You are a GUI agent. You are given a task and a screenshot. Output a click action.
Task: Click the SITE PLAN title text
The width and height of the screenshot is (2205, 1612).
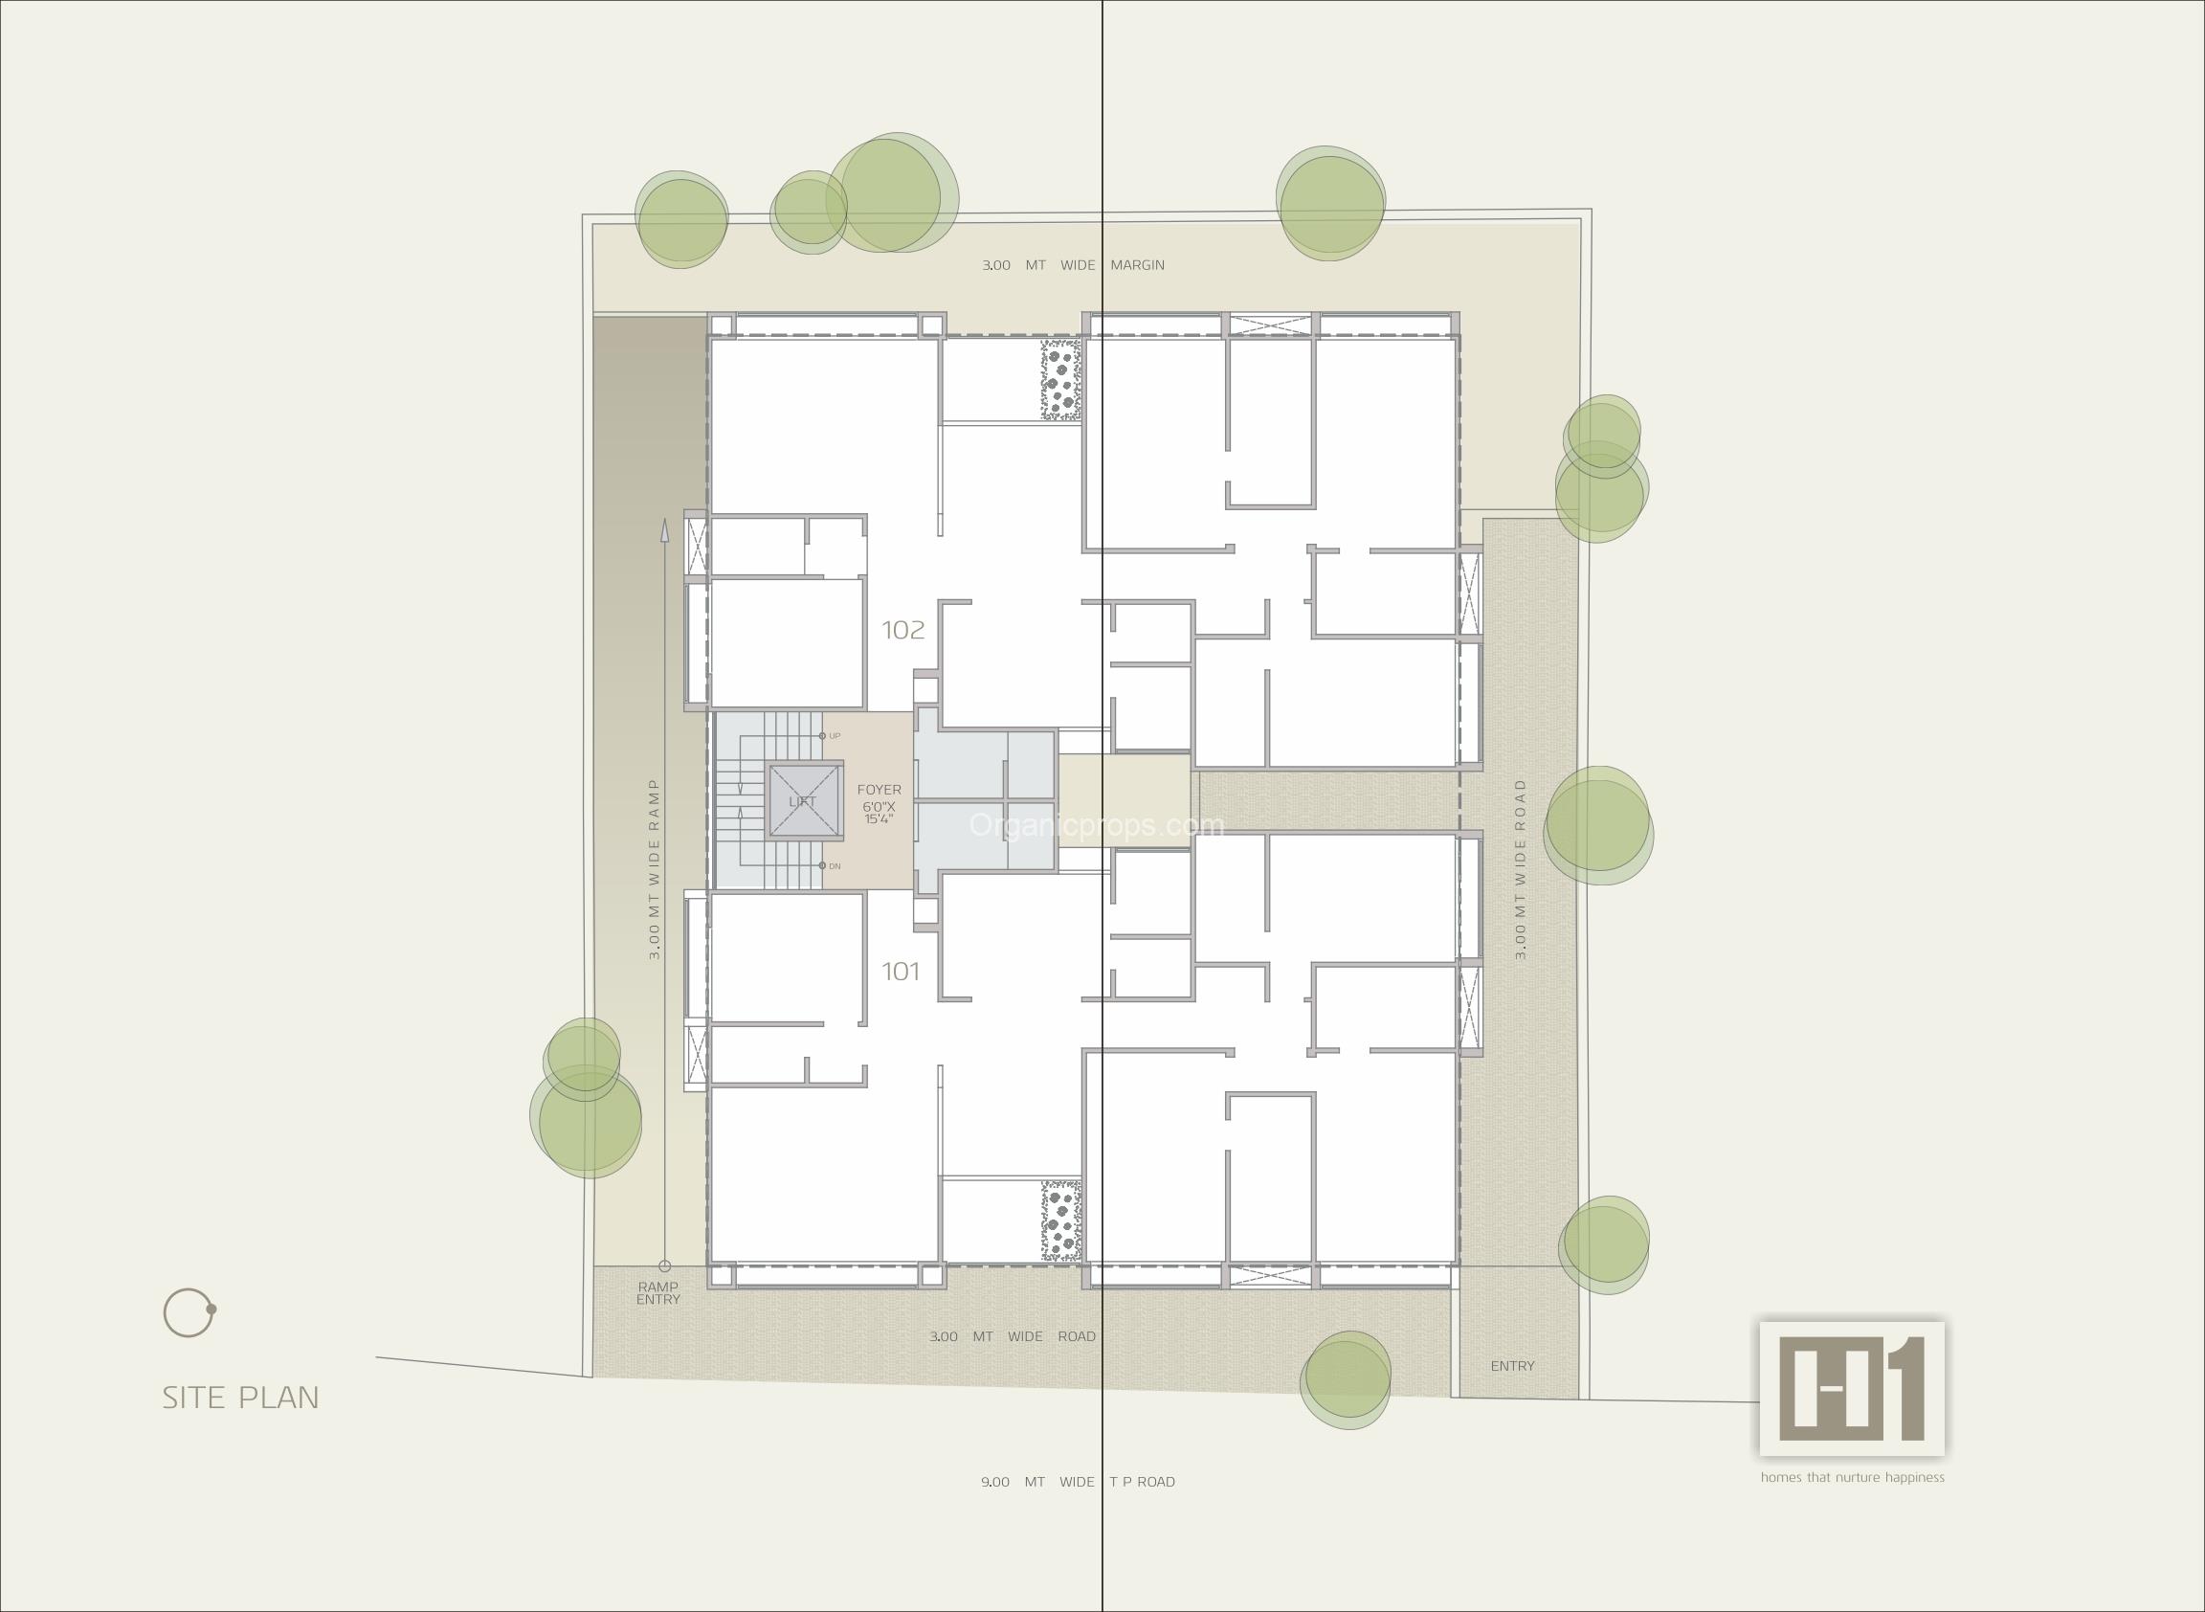tap(241, 1398)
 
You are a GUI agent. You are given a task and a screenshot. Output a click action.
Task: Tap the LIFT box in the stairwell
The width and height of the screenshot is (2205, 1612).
tap(804, 801)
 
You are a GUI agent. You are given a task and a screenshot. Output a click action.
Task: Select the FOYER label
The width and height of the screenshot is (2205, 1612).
tap(880, 790)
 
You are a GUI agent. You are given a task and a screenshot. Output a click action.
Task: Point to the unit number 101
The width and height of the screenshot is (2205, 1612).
tap(901, 971)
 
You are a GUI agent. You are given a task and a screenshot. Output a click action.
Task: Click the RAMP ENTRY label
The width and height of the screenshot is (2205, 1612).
tap(658, 1293)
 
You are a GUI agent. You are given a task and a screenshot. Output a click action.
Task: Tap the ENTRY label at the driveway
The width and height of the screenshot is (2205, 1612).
tap(1512, 1366)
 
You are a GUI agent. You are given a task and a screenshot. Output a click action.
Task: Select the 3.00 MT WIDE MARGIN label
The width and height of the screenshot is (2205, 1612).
tap(1073, 264)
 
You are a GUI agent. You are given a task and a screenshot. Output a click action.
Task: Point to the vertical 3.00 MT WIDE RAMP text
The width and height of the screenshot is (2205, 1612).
tap(655, 867)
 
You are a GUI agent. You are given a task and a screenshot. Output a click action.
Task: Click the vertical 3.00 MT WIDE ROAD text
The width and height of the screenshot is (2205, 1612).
tap(1520, 867)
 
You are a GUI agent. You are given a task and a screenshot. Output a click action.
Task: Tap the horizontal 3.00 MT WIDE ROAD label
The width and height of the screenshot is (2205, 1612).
tap(1012, 1336)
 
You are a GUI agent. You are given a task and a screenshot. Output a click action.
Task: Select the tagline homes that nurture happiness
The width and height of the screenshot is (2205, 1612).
tap(1852, 1477)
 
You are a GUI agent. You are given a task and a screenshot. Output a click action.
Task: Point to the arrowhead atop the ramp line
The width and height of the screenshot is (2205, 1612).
tap(664, 530)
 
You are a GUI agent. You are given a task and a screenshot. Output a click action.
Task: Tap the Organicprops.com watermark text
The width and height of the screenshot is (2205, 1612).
tap(1096, 825)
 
